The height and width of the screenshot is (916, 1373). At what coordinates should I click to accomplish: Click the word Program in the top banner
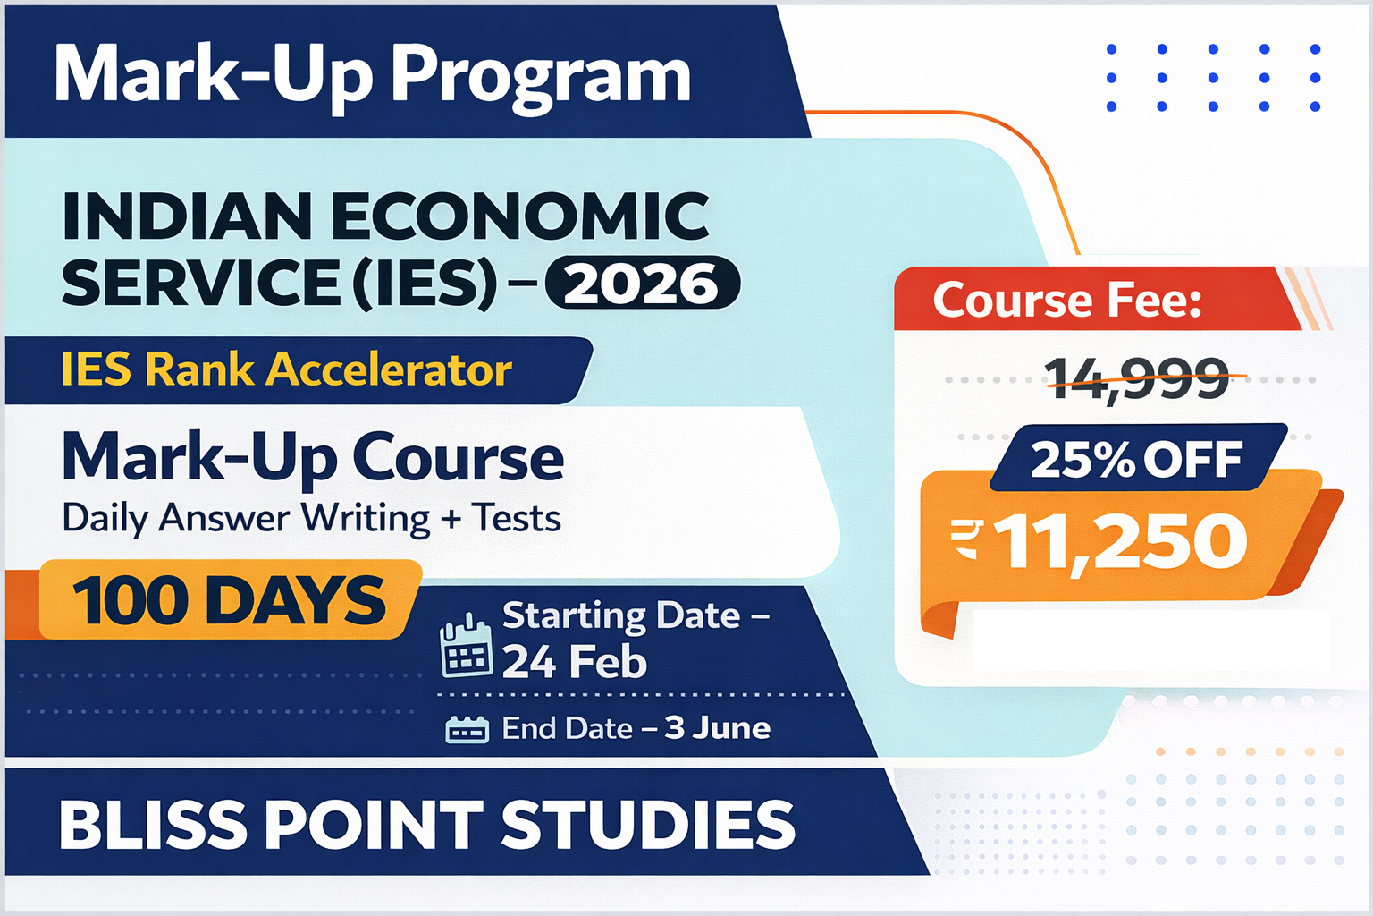pyautogui.click(x=541, y=75)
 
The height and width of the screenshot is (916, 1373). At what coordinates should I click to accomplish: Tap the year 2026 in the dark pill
pyautogui.click(x=642, y=284)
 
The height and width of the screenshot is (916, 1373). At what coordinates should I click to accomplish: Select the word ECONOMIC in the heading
pyautogui.click(x=520, y=217)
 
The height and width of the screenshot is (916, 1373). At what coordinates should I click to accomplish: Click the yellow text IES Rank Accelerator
pyautogui.click(x=286, y=369)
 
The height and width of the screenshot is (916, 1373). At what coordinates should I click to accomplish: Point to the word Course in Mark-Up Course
pyautogui.click(x=459, y=457)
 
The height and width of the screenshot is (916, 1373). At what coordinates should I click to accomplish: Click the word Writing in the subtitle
pyautogui.click(x=365, y=518)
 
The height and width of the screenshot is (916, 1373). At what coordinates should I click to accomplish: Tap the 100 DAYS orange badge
pyautogui.click(x=229, y=599)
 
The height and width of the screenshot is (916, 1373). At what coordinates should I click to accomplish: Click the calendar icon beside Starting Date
pyautogui.click(x=466, y=646)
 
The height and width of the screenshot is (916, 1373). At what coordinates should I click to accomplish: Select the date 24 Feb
pyautogui.click(x=574, y=662)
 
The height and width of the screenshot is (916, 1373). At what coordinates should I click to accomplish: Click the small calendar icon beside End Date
pyautogui.click(x=467, y=730)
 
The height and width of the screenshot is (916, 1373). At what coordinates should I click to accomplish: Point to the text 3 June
pyautogui.click(x=717, y=728)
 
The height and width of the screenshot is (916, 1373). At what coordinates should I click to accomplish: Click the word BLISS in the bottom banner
pyautogui.click(x=153, y=825)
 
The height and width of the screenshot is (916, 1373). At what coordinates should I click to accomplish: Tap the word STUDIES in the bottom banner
pyautogui.click(x=647, y=825)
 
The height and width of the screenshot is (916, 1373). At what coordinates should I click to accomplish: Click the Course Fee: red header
pyautogui.click(x=1067, y=300)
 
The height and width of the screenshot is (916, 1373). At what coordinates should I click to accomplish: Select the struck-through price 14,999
pyautogui.click(x=1137, y=377)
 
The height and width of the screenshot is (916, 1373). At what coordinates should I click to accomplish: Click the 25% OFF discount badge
pyautogui.click(x=1136, y=459)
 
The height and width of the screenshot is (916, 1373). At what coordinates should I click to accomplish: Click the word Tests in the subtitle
pyautogui.click(x=516, y=518)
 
